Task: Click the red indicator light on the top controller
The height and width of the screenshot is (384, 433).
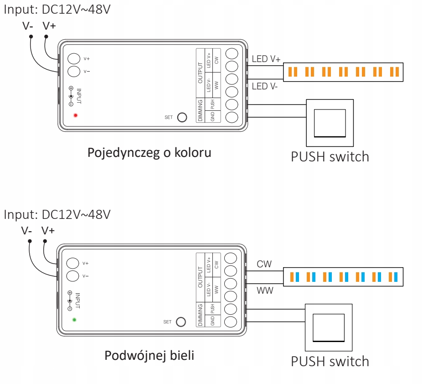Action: click(75, 115)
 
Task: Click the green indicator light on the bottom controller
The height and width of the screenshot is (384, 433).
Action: click(74, 320)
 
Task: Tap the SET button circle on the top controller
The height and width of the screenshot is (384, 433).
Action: click(182, 117)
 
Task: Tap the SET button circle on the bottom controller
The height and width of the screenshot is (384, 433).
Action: click(181, 322)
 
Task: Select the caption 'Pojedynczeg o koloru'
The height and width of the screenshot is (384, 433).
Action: click(149, 153)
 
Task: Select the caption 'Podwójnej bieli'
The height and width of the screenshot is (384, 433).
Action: click(149, 356)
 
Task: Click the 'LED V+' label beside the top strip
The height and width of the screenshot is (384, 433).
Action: click(266, 59)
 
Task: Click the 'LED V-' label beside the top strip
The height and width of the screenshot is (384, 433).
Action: click(264, 86)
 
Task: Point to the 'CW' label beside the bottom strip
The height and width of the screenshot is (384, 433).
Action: click(264, 264)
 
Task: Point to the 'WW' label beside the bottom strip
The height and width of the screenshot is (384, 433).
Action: click(265, 291)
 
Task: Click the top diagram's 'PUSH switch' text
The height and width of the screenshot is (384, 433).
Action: click(330, 157)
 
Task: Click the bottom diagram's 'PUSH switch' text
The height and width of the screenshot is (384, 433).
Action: click(330, 362)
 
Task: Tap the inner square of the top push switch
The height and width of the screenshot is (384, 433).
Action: click(330, 123)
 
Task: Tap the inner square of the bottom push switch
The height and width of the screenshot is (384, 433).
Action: click(329, 328)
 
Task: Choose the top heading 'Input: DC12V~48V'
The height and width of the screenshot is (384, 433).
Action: click(57, 10)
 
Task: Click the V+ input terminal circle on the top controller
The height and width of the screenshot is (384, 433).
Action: click(74, 58)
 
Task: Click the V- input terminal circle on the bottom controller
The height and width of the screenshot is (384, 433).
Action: click(72, 276)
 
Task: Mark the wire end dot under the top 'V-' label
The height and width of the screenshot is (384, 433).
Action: click(31, 36)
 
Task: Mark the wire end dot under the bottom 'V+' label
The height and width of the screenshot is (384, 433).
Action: click(45, 241)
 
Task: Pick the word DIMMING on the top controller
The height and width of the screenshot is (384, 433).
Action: click(200, 110)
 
